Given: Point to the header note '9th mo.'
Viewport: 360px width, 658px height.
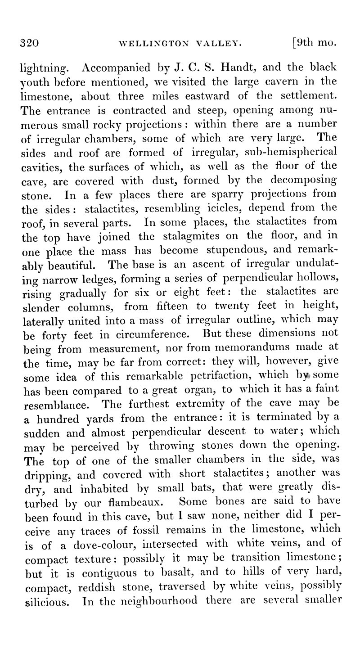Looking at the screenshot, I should pos(315,44).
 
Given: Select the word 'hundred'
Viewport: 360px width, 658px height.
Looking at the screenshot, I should pos(54,415).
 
